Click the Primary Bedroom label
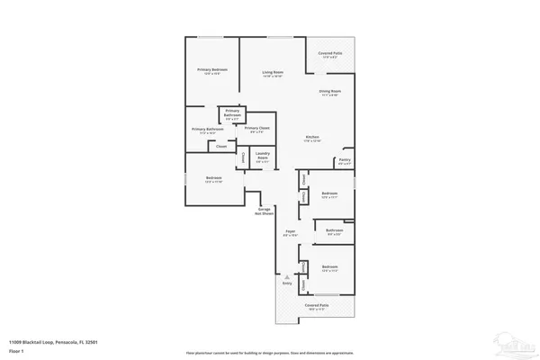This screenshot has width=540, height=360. pos(212,69)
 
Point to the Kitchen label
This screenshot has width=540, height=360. pos(312,137)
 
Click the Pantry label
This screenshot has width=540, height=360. pos(344,160)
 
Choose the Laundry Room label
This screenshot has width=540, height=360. pos(263,157)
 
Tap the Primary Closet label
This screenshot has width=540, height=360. pos(257,128)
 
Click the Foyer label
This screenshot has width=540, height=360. pos(291,231)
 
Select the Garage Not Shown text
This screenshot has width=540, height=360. pos(264,211)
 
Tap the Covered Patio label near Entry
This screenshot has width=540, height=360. pos(317,306)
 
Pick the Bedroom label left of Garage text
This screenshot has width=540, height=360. pos(213,177)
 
